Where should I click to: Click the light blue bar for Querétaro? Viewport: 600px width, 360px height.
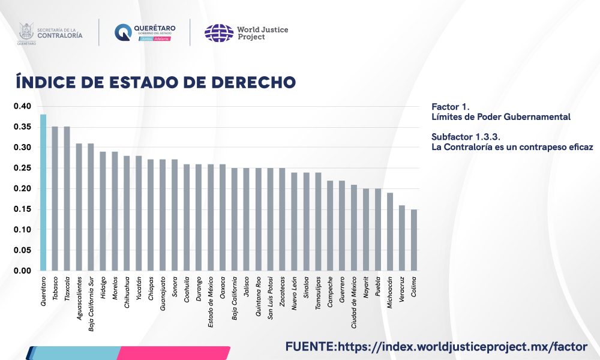[43, 192]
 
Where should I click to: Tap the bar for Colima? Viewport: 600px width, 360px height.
[414, 240]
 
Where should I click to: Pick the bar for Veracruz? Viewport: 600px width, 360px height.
[402, 238]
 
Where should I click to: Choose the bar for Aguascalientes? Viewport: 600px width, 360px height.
[79, 207]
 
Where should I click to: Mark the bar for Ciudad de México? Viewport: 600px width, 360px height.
[354, 228]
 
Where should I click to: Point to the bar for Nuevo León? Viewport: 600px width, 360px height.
[294, 222]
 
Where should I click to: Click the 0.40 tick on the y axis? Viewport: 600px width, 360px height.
[22, 106]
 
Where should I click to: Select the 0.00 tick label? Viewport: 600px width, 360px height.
[22, 271]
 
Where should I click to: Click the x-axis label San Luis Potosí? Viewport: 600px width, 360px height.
[271, 298]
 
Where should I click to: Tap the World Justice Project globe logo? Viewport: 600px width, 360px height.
[218, 32]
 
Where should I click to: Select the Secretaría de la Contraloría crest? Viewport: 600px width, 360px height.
[26, 32]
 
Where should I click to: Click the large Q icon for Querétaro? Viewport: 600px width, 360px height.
[123, 32]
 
